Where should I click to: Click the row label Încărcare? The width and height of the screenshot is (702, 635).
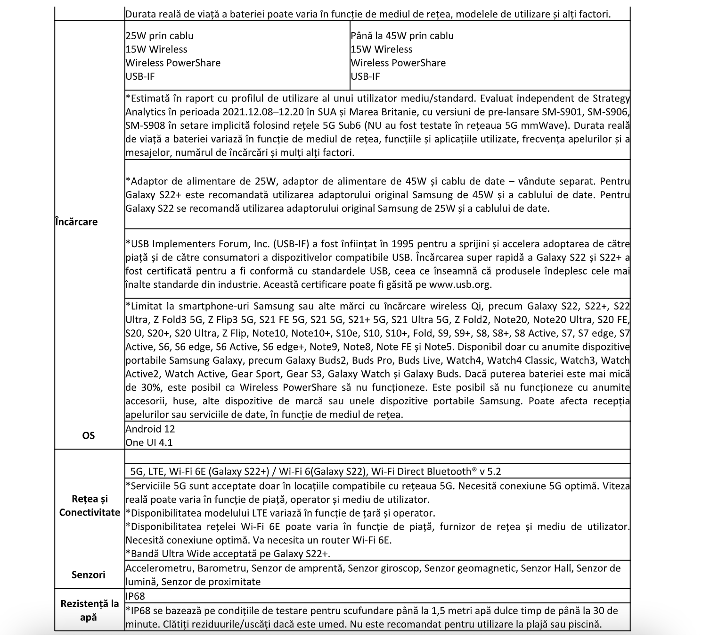tap(76, 222)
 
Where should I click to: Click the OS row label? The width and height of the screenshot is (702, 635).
tap(89, 435)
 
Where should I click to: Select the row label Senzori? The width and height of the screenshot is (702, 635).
tap(89, 575)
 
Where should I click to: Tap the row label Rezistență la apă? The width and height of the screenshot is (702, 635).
tap(89, 610)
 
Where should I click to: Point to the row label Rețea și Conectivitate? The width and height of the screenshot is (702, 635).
tap(90, 506)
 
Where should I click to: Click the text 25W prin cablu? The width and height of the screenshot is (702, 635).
tap(159, 36)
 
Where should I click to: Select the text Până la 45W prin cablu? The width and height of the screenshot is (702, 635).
tap(402, 36)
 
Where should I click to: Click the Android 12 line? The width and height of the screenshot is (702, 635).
tap(150, 429)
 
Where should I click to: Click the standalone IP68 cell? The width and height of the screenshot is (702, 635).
tap(135, 596)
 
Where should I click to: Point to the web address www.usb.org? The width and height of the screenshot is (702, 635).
tap(459, 284)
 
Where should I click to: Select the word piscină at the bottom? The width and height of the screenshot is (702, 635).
tap(585, 624)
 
